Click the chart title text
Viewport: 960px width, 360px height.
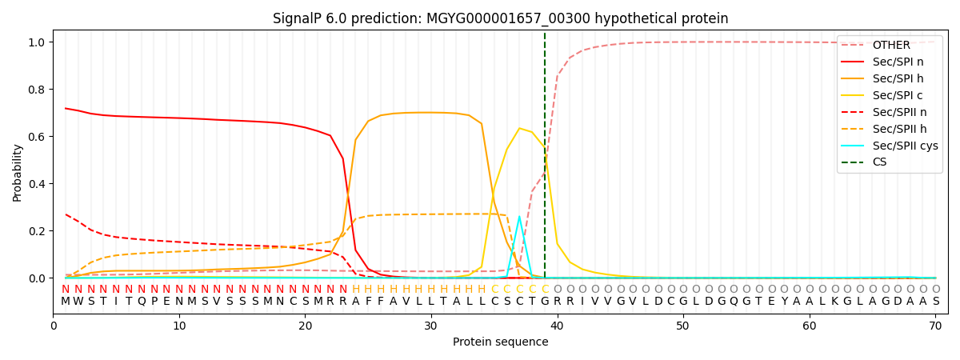[500, 18]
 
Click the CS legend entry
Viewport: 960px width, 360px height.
[879, 162]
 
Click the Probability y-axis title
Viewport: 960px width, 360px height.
[18, 173]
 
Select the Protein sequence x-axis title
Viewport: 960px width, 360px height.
[500, 342]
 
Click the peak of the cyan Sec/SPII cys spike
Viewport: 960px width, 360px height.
[519, 217]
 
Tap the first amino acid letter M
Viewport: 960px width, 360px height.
[66, 302]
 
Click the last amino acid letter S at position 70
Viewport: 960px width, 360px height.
[935, 302]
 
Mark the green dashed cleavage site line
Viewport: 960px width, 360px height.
[545, 160]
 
